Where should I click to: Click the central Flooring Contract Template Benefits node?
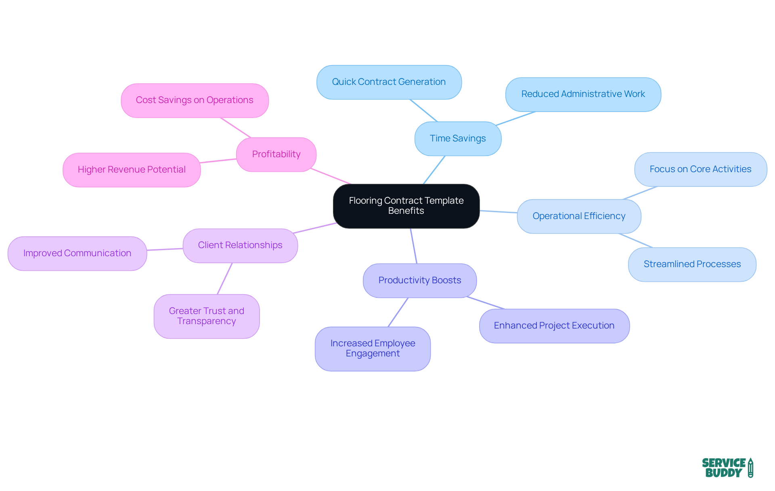pyautogui.click(x=406, y=206)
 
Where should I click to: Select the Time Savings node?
pyautogui.click(x=458, y=139)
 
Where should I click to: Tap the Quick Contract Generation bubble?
pyautogui.click(x=389, y=82)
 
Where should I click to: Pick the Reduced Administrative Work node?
pyautogui.click(x=583, y=94)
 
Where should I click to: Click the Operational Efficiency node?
pyautogui.click(x=579, y=216)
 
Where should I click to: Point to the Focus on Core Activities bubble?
pyautogui.click(x=700, y=169)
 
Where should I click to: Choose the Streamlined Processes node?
pyautogui.click(x=692, y=264)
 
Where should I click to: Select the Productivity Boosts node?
pyautogui.click(x=419, y=280)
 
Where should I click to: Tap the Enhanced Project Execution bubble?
pyautogui.click(x=554, y=326)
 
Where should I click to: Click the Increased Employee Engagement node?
pyautogui.click(x=373, y=348)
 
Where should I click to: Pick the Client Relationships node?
pyautogui.click(x=240, y=245)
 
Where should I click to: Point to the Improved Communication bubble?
pyautogui.click(x=77, y=253)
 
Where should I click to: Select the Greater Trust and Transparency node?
pyautogui.click(x=206, y=316)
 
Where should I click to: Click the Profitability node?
pyautogui.click(x=276, y=154)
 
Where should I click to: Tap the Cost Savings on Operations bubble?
pyautogui.click(x=195, y=100)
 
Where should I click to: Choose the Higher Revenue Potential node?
pyautogui.click(x=132, y=170)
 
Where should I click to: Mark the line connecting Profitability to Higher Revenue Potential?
pyautogui.click(x=218, y=161)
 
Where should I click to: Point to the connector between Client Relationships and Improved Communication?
pyautogui.click(x=165, y=249)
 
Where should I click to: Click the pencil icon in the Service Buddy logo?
pyautogui.click(x=750, y=468)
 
